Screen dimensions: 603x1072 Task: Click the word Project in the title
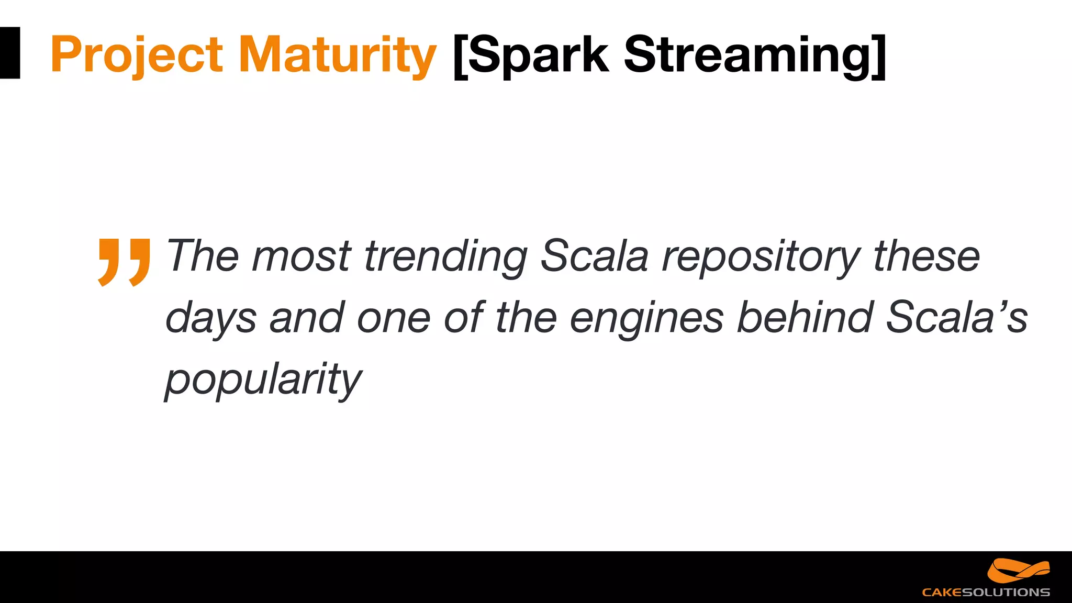coord(137,55)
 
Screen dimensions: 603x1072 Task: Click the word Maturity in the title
coord(337,55)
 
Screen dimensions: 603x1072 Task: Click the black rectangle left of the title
coord(9,53)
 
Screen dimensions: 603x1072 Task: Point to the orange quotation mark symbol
coord(124,262)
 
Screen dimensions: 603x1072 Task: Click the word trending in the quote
coord(445,256)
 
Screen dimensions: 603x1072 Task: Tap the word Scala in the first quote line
coord(594,256)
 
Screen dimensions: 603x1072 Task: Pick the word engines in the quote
coord(646,318)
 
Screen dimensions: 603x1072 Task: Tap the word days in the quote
coord(211,318)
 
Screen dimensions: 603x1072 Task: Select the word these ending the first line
coord(926,256)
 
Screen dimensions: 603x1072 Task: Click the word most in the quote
coord(301,257)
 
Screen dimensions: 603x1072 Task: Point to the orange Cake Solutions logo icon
coord(1018,571)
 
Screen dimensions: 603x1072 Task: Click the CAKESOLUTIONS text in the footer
coord(986,593)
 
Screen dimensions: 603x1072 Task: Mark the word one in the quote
coord(393,318)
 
